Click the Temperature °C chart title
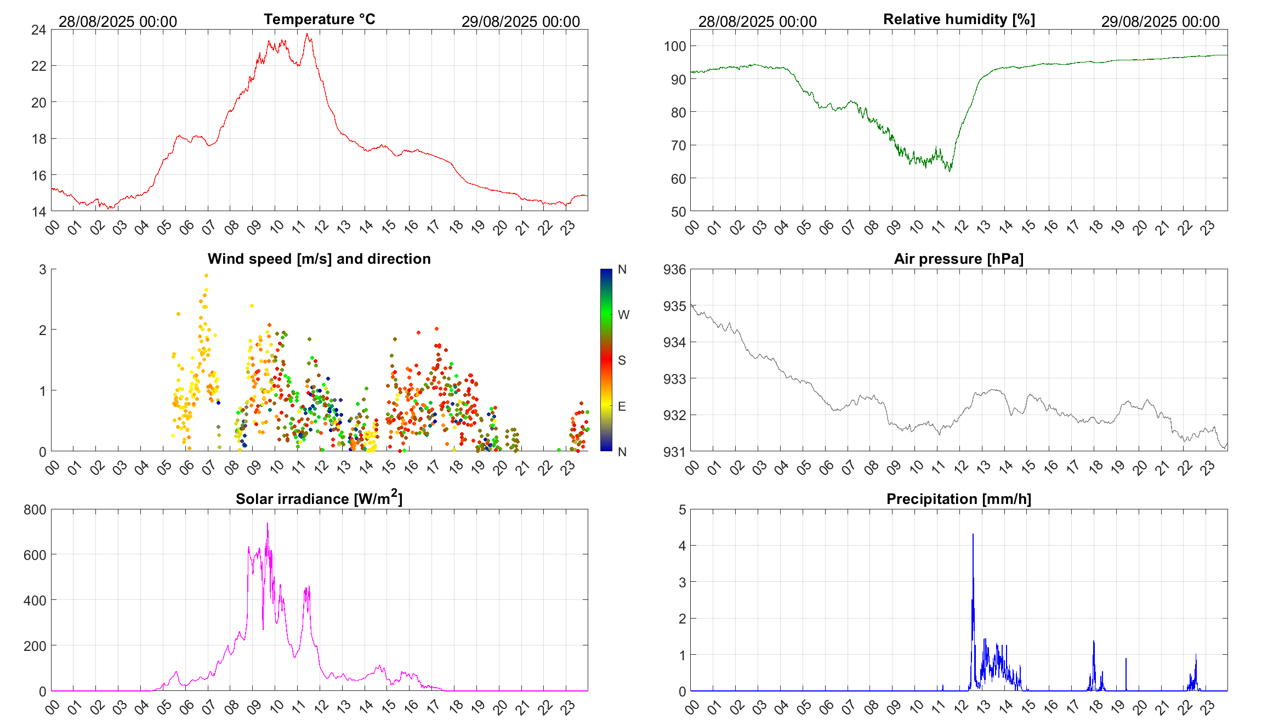319,19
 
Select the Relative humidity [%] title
959,19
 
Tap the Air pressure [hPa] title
958,259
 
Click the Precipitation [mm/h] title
958,499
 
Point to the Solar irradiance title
319,498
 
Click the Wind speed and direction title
319,259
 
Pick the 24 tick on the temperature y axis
38,30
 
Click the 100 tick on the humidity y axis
674,46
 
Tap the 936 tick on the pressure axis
674,270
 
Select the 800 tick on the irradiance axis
35,510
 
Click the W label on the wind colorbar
623,315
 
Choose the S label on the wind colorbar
622,360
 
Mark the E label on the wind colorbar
622,406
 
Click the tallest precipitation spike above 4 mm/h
973,535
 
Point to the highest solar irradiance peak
268,524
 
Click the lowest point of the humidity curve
950,171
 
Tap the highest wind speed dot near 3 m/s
206,276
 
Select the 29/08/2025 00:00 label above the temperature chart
520,22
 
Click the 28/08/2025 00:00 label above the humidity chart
757,22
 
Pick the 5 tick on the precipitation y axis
682,510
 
